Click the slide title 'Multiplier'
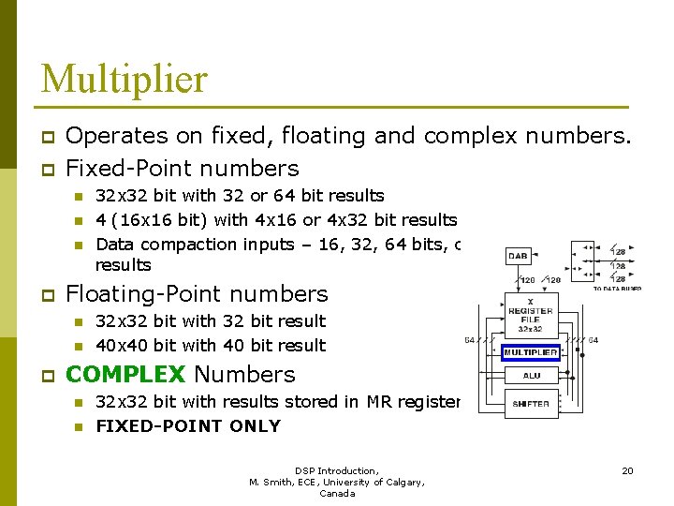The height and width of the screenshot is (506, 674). pos(124,79)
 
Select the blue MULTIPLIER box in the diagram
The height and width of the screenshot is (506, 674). pos(532,353)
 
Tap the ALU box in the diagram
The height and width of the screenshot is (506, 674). pos(532,376)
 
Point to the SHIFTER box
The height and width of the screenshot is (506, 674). pos(532,405)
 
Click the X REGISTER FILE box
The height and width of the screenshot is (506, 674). pos(531,316)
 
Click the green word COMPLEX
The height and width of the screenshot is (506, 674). pos(126,375)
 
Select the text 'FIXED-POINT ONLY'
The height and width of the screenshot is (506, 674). pos(188,426)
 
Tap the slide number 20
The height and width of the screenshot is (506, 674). pos(627,470)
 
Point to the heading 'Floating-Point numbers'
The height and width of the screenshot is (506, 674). pos(197,294)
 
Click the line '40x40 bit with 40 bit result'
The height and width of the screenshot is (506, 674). pos(211,346)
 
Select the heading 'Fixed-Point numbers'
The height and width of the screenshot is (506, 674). pos(183,169)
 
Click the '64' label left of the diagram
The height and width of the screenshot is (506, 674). pos(469,340)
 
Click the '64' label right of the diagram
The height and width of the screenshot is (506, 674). pos(593,340)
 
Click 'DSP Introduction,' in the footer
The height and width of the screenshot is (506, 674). pos(336,470)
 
